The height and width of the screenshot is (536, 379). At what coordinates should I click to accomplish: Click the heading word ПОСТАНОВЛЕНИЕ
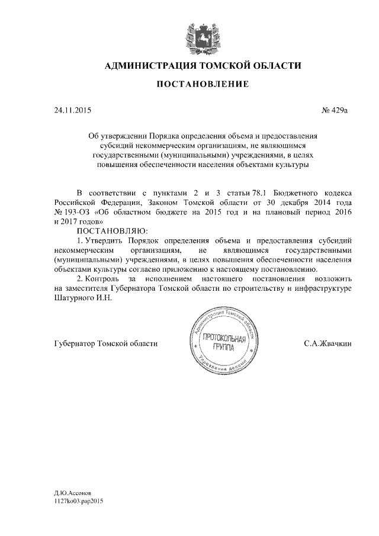click(x=202, y=84)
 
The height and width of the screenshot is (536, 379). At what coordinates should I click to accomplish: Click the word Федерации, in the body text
click(x=116, y=202)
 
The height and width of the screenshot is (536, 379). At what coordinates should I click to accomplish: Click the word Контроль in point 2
click(x=104, y=279)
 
